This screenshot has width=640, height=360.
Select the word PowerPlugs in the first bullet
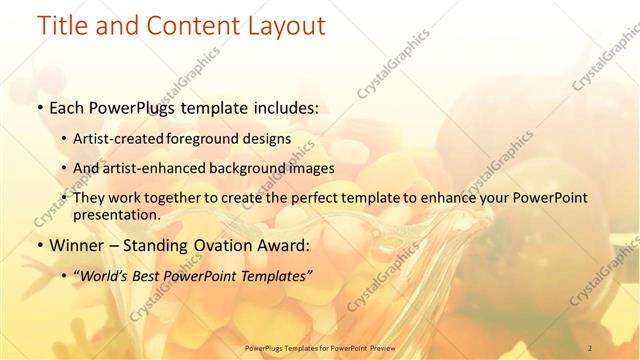132,105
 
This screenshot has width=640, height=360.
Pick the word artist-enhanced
170,168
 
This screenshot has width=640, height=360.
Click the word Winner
75,243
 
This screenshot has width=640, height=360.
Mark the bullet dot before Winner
38,244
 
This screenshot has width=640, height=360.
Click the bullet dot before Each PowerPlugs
38,106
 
